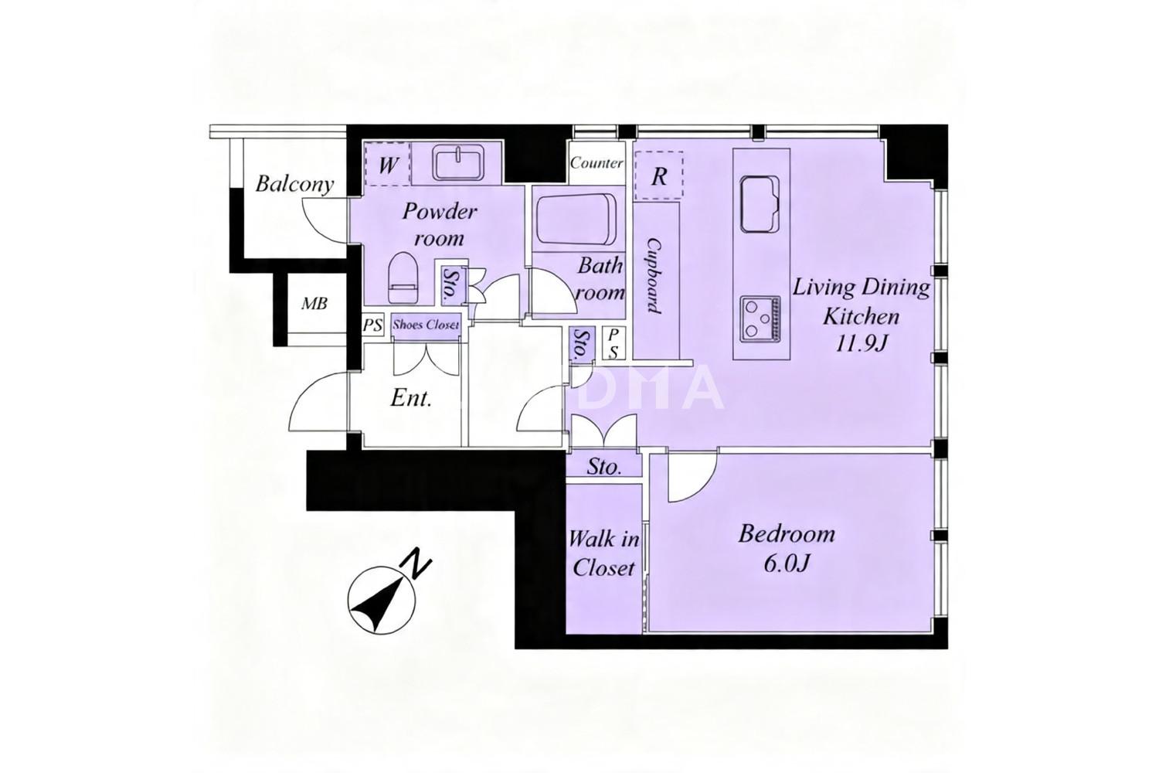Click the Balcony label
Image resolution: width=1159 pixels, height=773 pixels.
(x=294, y=184)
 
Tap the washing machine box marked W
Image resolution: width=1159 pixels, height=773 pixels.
(x=388, y=164)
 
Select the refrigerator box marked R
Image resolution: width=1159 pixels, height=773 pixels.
(x=658, y=176)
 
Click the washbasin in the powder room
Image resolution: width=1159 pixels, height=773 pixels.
(x=458, y=162)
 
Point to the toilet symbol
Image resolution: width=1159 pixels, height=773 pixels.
(x=403, y=278)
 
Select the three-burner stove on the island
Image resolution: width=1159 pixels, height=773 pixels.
(x=760, y=318)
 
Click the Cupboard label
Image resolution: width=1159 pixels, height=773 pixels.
(x=655, y=276)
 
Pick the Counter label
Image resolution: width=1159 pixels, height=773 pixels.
(x=596, y=163)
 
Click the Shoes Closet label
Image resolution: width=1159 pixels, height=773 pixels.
(x=425, y=325)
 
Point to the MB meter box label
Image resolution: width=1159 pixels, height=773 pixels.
(x=314, y=303)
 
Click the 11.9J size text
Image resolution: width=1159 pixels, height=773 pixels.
(x=862, y=344)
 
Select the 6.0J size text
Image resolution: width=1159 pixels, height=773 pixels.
(x=787, y=564)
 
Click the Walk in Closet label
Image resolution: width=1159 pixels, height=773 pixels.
(x=603, y=554)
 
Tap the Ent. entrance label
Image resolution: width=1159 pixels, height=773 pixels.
(x=411, y=398)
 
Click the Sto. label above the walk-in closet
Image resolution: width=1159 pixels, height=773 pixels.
(x=603, y=467)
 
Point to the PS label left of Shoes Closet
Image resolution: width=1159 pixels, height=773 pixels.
(x=372, y=325)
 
